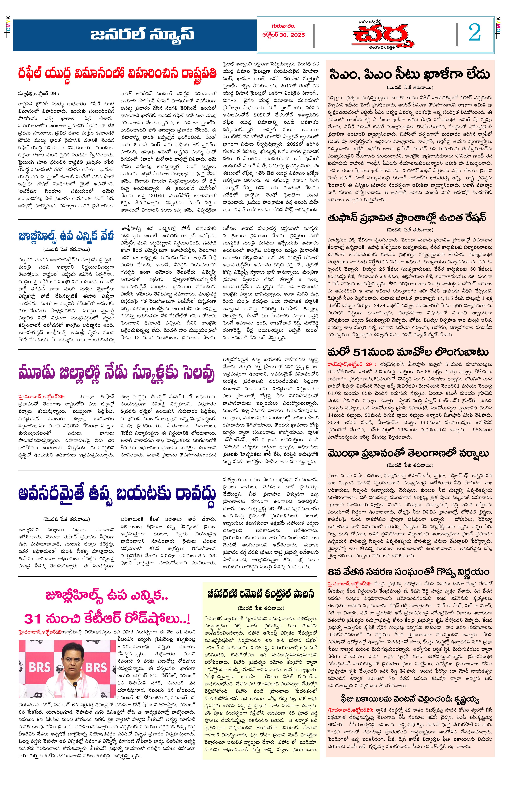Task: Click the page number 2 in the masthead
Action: coord(474,33)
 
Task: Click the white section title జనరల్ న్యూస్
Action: coord(142,34)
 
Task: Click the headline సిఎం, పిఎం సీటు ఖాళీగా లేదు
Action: coord(410,74)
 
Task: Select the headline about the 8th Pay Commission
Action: coord(408,571)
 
